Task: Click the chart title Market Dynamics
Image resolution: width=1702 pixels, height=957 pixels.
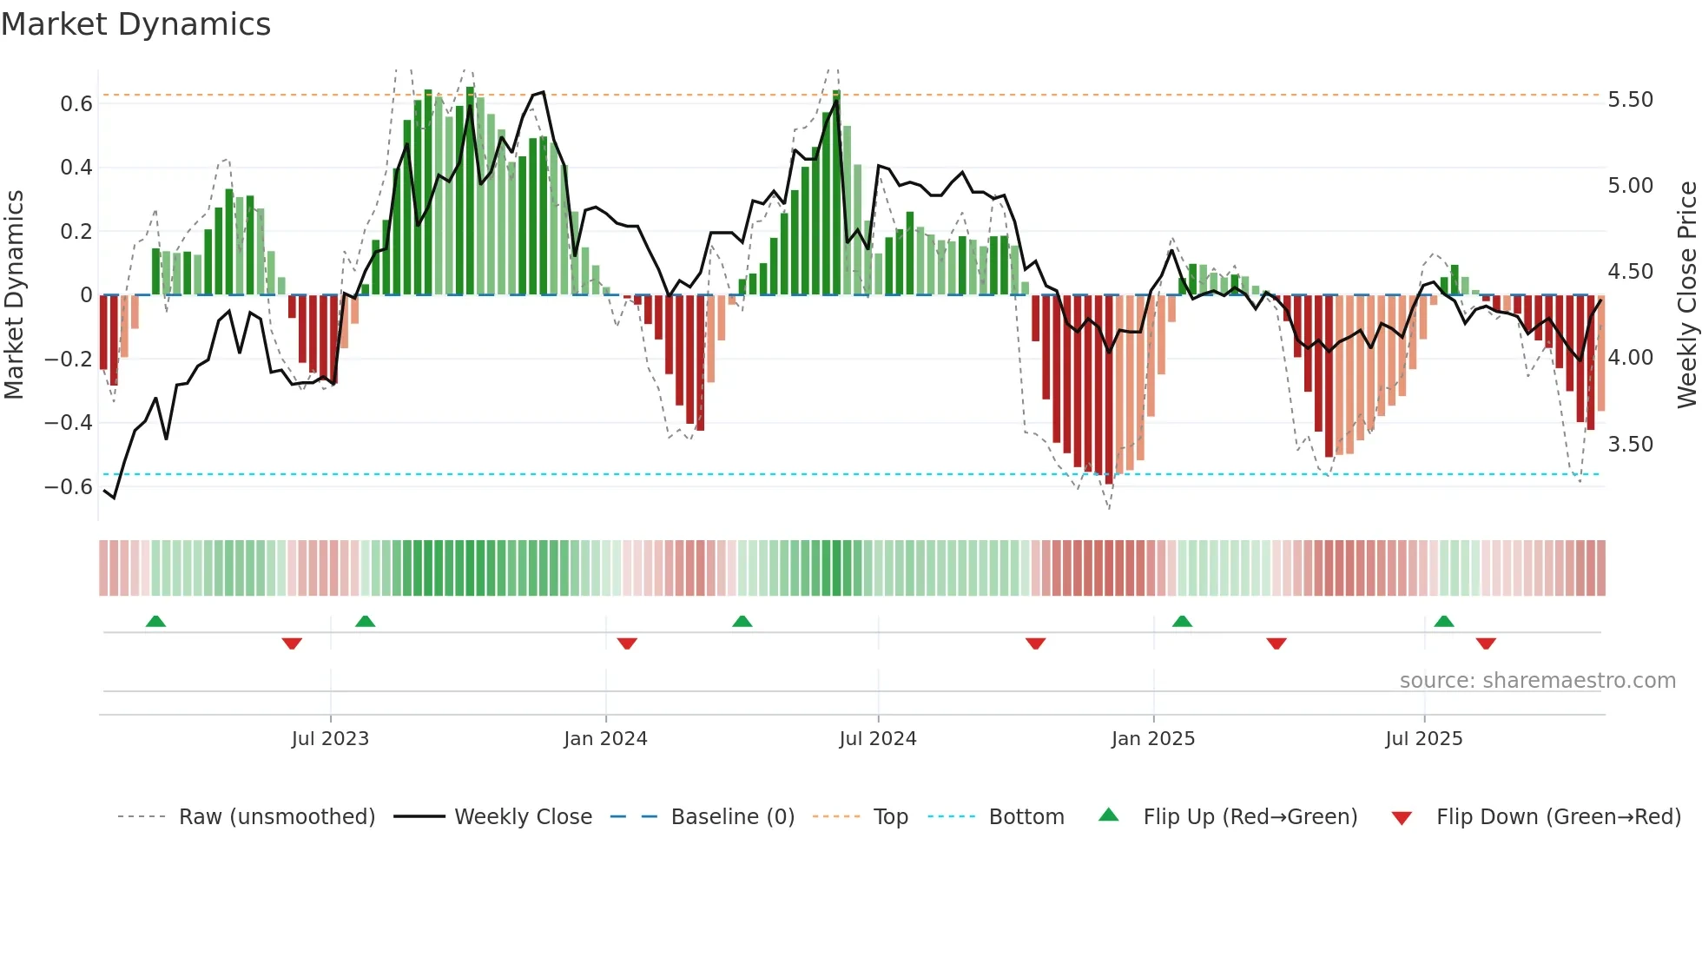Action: [135, 24]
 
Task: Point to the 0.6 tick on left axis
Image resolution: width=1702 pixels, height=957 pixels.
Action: [76, 104]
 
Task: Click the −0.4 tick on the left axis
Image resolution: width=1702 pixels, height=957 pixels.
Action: [69, 423]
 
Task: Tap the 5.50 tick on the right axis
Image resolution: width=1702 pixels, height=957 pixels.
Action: [1630, 100]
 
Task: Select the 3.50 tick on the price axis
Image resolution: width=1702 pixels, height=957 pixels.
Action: [1630, 445]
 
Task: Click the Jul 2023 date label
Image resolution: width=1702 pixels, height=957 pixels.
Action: [330, 739]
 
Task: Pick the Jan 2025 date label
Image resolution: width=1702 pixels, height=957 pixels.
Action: [1152, 739]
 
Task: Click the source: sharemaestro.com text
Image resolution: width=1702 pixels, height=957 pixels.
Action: [1537, 681]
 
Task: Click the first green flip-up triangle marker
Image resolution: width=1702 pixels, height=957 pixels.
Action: [155, 622]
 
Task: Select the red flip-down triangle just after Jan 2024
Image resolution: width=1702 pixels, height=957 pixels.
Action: [627, 643]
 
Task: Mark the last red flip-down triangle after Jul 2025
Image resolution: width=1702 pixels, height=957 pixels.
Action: [1486, 643]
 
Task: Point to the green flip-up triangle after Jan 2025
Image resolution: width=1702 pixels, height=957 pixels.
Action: [1182, 622]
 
